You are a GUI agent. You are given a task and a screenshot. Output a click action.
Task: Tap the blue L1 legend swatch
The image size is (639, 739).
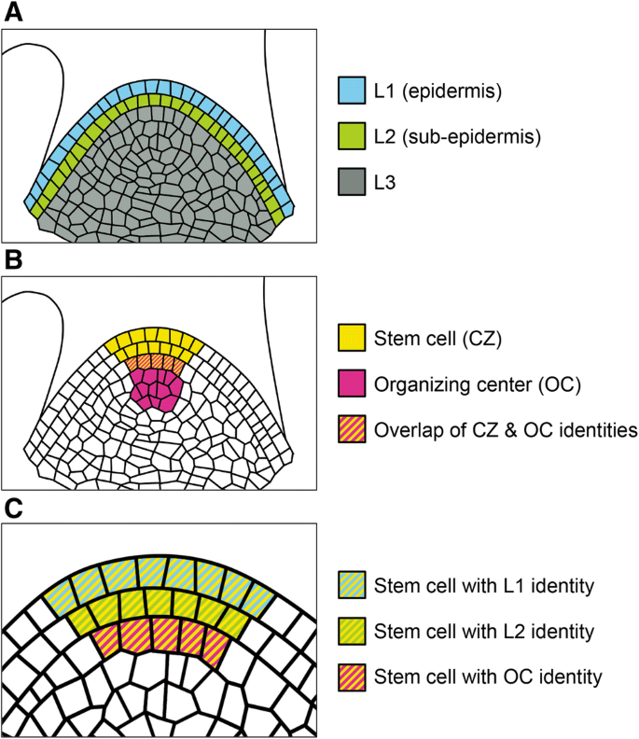(351, 91)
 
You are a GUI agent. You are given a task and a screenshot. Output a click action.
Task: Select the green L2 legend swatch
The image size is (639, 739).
(351, 137)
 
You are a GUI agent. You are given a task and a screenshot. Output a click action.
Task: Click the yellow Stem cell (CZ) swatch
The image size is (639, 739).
(351, 338)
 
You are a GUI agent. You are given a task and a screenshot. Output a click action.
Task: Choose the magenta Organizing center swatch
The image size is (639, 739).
(351, 383)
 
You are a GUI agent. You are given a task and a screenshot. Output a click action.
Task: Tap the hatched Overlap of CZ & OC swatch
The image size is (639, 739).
(351, 430)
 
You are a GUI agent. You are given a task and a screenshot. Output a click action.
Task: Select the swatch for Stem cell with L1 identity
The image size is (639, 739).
(351, 586)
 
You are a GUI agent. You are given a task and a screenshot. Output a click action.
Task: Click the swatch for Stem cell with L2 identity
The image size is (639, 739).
(351, 632)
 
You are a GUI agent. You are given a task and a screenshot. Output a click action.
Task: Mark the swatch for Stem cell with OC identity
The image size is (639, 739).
(351, 676)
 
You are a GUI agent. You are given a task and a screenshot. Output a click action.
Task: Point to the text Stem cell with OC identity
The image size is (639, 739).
(484, 676)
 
